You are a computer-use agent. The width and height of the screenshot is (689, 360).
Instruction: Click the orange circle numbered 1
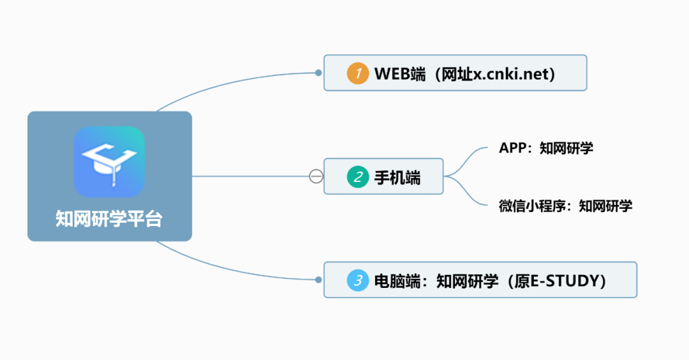tap(358, 73)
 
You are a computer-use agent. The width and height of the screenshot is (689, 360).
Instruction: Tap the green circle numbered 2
tap(358, 176)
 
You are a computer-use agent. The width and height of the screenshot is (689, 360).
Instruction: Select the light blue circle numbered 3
tap(358, 280)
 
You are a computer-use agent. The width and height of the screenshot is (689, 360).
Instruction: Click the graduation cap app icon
tap(109, 161)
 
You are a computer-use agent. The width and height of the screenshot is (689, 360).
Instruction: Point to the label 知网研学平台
tap(109, 219)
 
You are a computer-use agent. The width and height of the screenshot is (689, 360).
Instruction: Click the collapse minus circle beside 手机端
tap(316, 176)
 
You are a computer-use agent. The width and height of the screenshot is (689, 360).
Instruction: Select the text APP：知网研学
tap(545, 149)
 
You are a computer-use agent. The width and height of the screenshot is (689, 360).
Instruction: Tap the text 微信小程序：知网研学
tap(565, 206)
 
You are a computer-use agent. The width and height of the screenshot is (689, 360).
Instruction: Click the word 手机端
tap(397, 177)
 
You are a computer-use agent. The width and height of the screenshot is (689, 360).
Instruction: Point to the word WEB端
tap(400, 73)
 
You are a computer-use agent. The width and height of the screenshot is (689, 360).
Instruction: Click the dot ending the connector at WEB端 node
tap(318, 73)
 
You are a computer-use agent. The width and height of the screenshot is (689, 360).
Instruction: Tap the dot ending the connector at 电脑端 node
tap(318, 280)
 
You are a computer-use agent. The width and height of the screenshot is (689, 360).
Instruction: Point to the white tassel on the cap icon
tap(114, 179)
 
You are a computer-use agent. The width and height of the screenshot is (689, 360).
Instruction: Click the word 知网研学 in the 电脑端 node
tap(467, 280)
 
